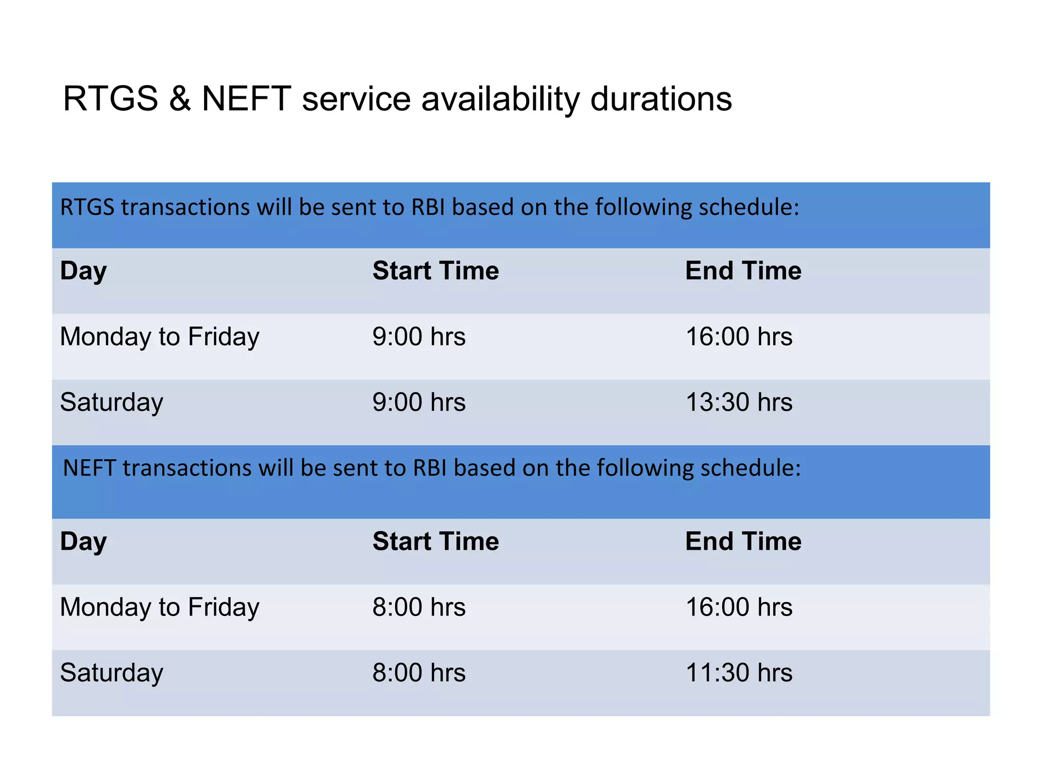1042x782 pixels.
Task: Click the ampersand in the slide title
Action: pyautogui.click(x=180, y=98)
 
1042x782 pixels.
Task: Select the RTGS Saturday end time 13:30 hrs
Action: pyautogui.click(x=739, y=402)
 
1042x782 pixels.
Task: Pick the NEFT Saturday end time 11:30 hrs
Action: pyautogui.click(x=739, y=673)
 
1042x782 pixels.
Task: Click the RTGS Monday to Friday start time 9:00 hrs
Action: pyautogui.click(x=419, y=337)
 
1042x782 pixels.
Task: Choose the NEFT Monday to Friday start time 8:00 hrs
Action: pyautogui.click(x=419, y=607)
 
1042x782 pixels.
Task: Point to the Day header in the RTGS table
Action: pyautogui.click(x=83, y=271)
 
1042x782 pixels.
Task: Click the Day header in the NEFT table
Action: pyautogui.click(x=83, y=541)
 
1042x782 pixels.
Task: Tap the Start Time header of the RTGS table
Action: pyautogui.click(x=436, y=270)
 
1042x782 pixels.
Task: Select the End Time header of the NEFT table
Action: pyautogui.click(x=743, y=541)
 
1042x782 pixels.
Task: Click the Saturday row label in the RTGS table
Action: pyautogui.click(x=111, y=402)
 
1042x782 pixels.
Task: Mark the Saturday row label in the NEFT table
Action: pyautogui.click(x=111, y=673)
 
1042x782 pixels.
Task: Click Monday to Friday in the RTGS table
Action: pyautogui.click(x=160, y=337)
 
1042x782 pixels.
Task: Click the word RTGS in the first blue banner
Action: pyautogui.click(x=87, y=207)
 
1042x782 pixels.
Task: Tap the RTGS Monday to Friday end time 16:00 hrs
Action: pyautogui.click(x=739, y=337)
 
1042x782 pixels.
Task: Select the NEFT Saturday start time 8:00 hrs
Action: pyautogui.click(x=419, y=673)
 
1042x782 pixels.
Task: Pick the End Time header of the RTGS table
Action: pyautogui.click(x=743, y=270)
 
